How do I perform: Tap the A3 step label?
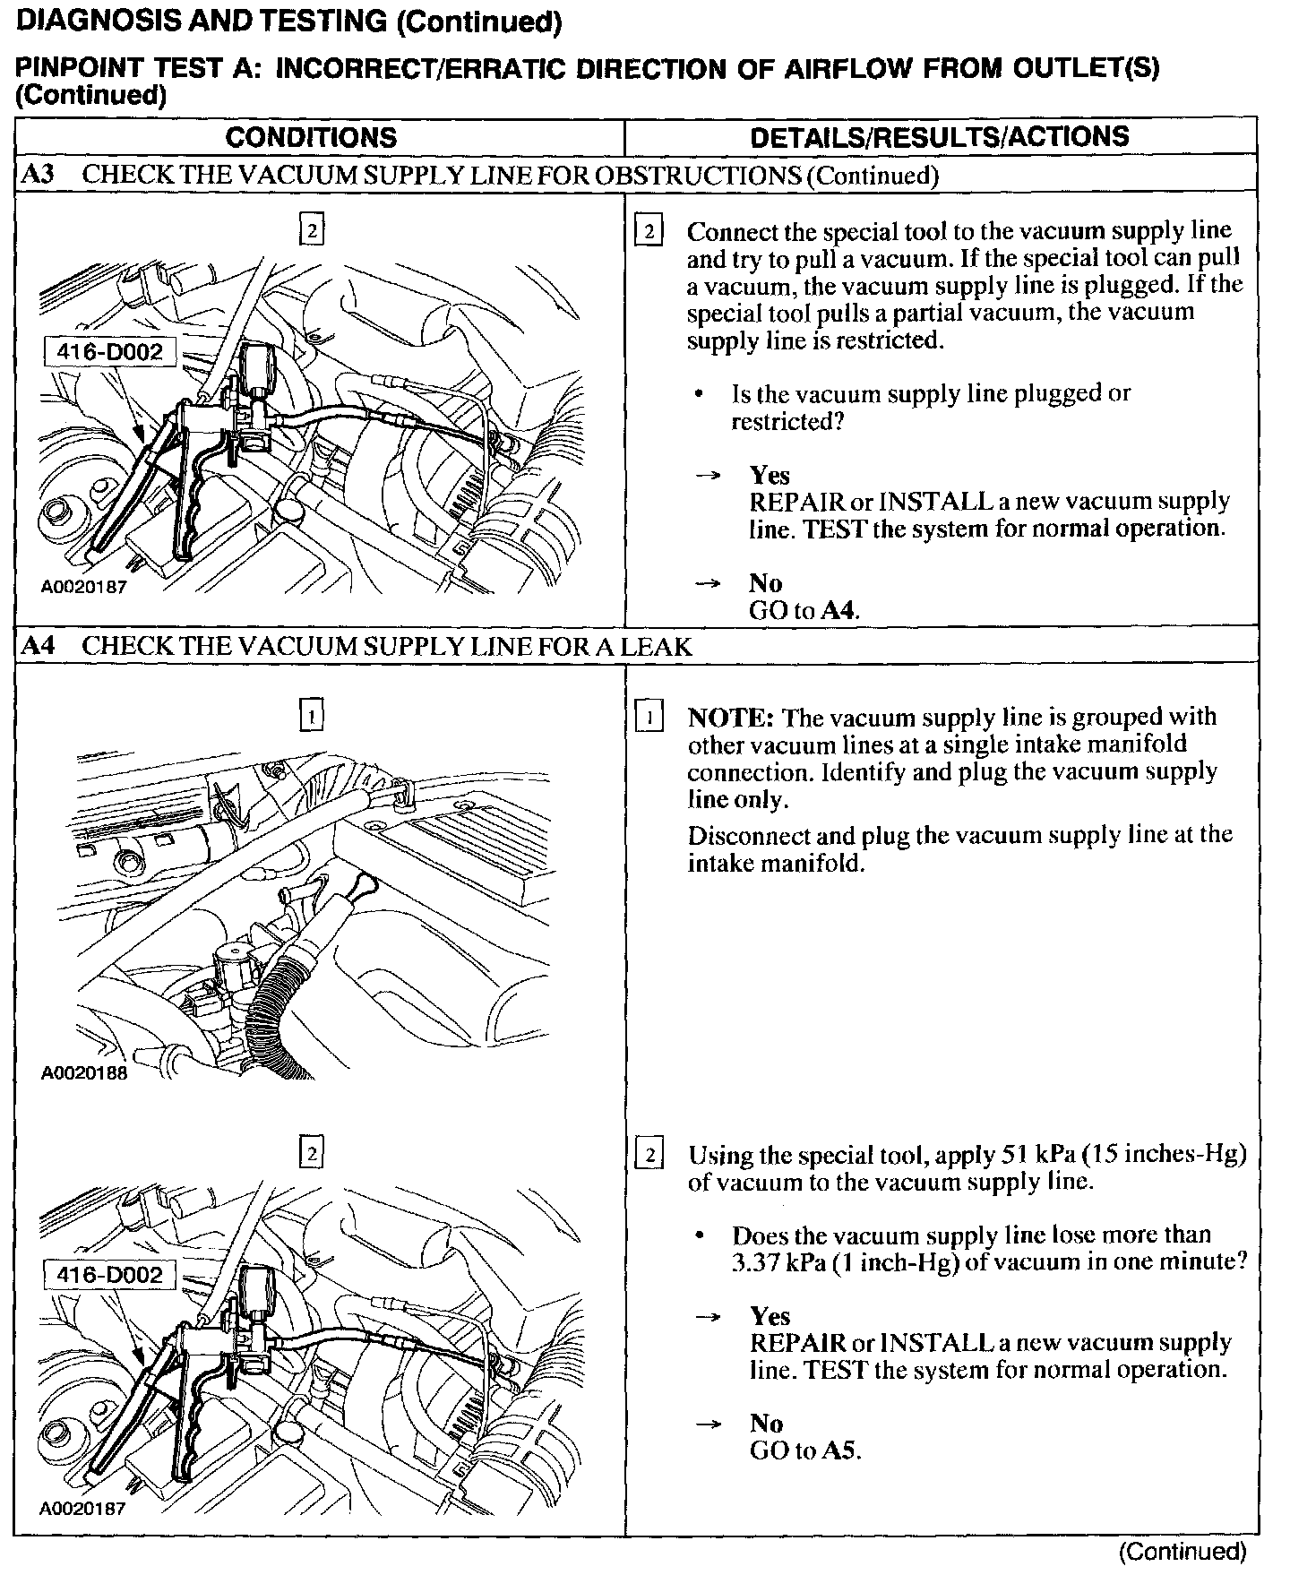[39, 175]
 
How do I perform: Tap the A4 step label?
[39, 646]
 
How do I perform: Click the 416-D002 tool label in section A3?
[110, 352]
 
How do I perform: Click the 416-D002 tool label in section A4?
[110, 1274]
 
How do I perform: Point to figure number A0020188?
[84, 1072]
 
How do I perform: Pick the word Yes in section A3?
[770, 475]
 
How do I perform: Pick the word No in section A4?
[766, 1424]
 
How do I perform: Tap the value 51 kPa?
[1034, 1154]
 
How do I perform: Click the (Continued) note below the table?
[1182, 1551]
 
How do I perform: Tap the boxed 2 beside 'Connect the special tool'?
[648, 232]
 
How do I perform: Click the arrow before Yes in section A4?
[709, 1316]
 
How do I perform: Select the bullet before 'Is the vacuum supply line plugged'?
[698, 394]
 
